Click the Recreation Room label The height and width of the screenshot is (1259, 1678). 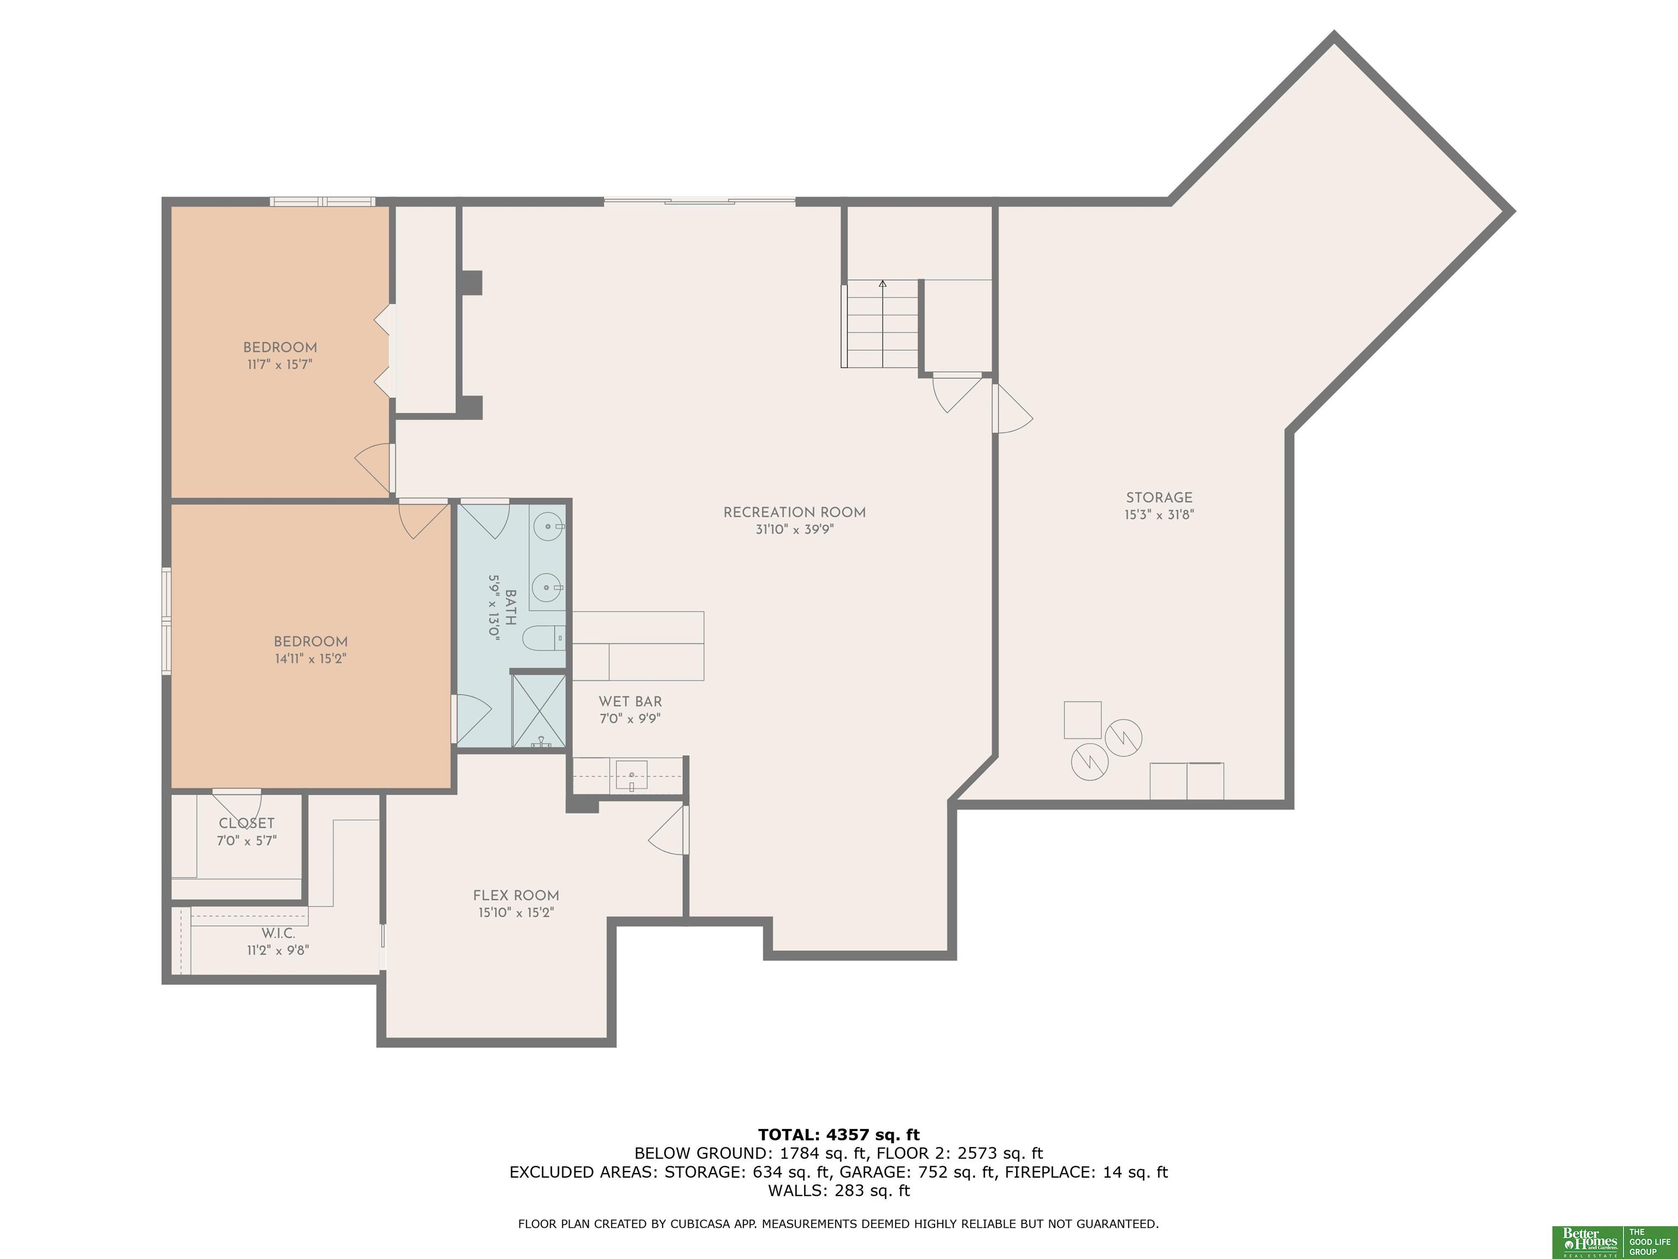[x=794, y=512]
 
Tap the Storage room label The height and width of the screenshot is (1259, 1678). [x=1159, y=498]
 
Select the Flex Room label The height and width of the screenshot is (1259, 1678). [x=516, y=896]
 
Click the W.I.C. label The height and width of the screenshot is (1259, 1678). [x=279, y=933]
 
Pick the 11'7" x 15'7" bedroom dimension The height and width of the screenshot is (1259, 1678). [x=280, y=364]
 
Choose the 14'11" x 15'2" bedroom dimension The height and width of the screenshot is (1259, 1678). [x=310, y=658]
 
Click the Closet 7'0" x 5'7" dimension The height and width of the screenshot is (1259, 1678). [x=246, y=841]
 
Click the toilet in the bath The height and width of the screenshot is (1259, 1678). [x=545, y=638]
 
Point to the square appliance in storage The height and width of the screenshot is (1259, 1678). [x=1083, y=720]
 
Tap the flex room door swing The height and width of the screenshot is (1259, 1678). [x=667, y=830]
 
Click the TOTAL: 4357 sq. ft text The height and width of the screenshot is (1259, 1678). [x=838, y=1134]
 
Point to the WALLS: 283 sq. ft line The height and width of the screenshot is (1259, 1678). [x=838, y=1191]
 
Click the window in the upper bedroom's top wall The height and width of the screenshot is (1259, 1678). [x=322, y=202]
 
